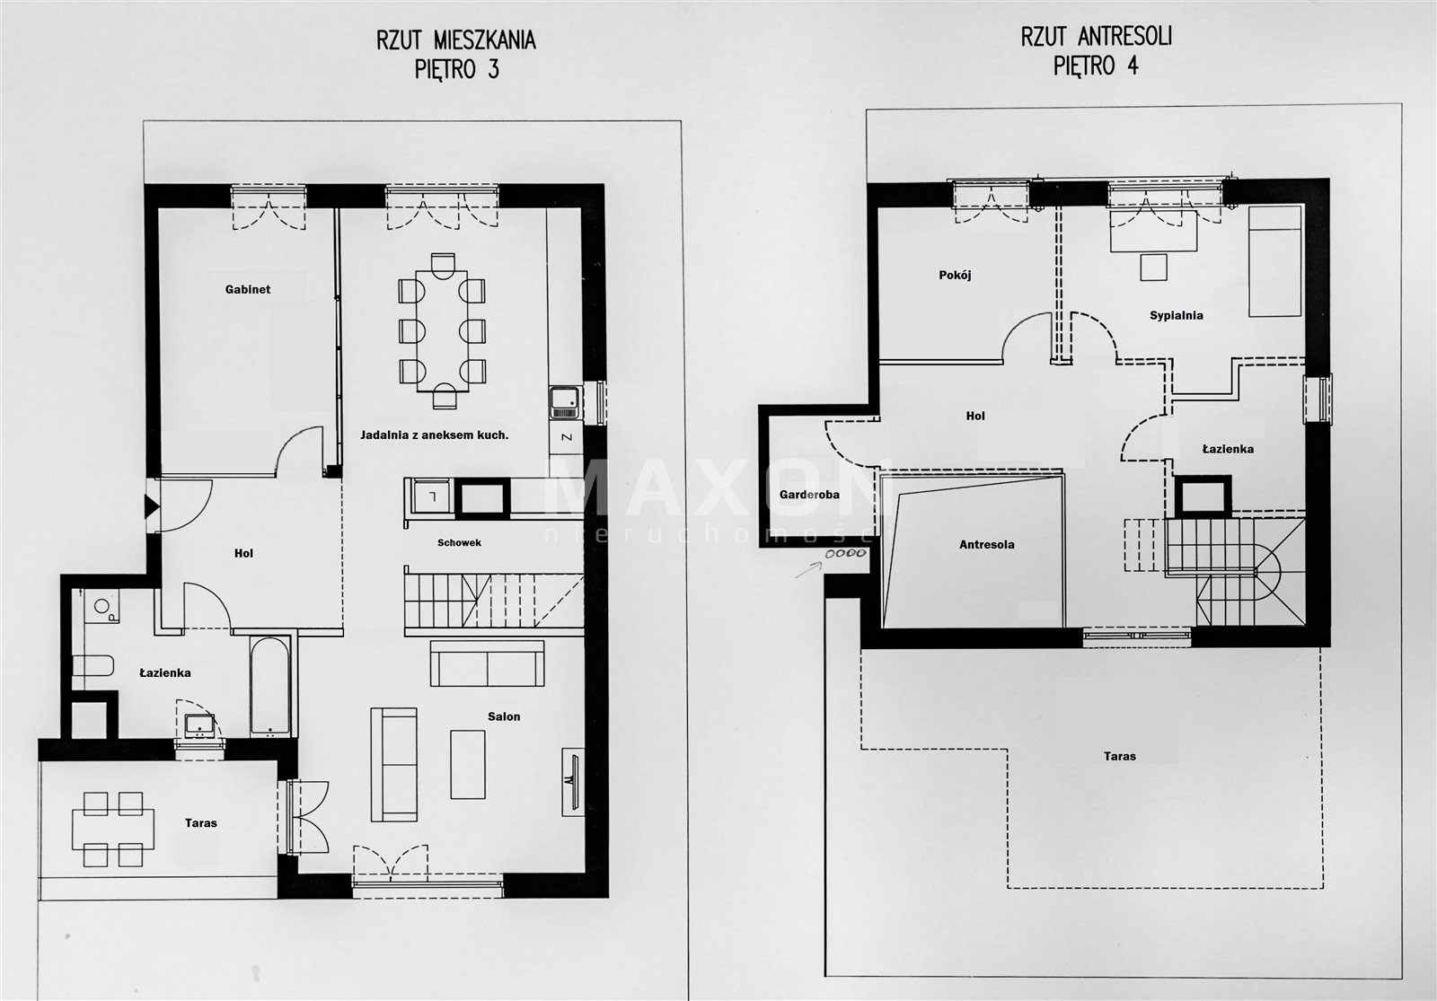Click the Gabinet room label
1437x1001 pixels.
pos(248,289)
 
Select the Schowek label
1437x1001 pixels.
pos(459,542)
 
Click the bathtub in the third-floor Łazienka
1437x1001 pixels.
pos(270,685)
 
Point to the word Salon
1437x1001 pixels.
pos(504,716)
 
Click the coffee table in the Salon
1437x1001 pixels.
pos(468,764)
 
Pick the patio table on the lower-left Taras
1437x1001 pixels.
pos(113,829)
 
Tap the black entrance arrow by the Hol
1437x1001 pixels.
pos(152,506)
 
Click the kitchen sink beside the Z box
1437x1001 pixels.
pos(565,403)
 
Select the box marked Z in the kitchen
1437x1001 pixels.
pos(567,438)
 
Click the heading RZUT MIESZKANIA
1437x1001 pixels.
pos(455,40)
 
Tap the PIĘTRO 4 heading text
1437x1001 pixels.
pos(1096,66)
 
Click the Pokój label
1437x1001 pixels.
pos(955,275)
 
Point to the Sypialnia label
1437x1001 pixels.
pos(1176,315)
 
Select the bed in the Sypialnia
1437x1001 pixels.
pos(1274,261)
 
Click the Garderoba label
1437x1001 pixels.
pos(809,495)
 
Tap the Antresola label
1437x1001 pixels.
pos(987,544)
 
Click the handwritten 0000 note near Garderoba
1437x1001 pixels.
pos(846,553)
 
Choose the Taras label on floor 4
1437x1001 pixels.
pos(1119,756)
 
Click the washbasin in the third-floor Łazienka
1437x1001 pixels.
pos(198,726)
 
